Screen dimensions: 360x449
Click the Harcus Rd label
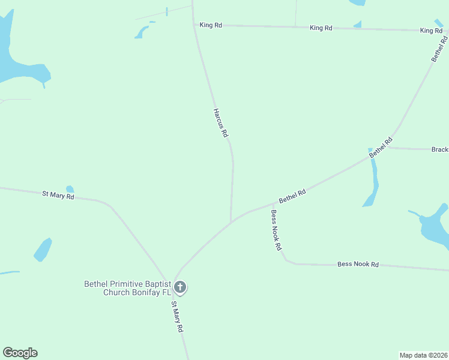221,123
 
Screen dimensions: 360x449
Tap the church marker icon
180,288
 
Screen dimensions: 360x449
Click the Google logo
20,353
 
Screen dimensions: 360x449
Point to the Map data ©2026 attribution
423,355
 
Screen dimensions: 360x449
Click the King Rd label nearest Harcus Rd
211,25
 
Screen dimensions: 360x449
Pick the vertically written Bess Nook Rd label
276,230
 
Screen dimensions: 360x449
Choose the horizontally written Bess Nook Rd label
358,264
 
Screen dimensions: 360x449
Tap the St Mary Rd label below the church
177,317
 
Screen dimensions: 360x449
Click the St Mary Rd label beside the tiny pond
58,195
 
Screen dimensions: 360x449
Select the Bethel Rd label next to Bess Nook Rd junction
292,196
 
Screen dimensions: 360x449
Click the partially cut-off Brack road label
439,149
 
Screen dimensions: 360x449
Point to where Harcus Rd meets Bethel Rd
231,222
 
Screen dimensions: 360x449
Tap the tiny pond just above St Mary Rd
70,189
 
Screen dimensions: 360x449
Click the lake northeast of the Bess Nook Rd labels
433,228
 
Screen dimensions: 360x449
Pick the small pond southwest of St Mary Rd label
42,250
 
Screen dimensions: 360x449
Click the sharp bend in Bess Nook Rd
287,260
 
